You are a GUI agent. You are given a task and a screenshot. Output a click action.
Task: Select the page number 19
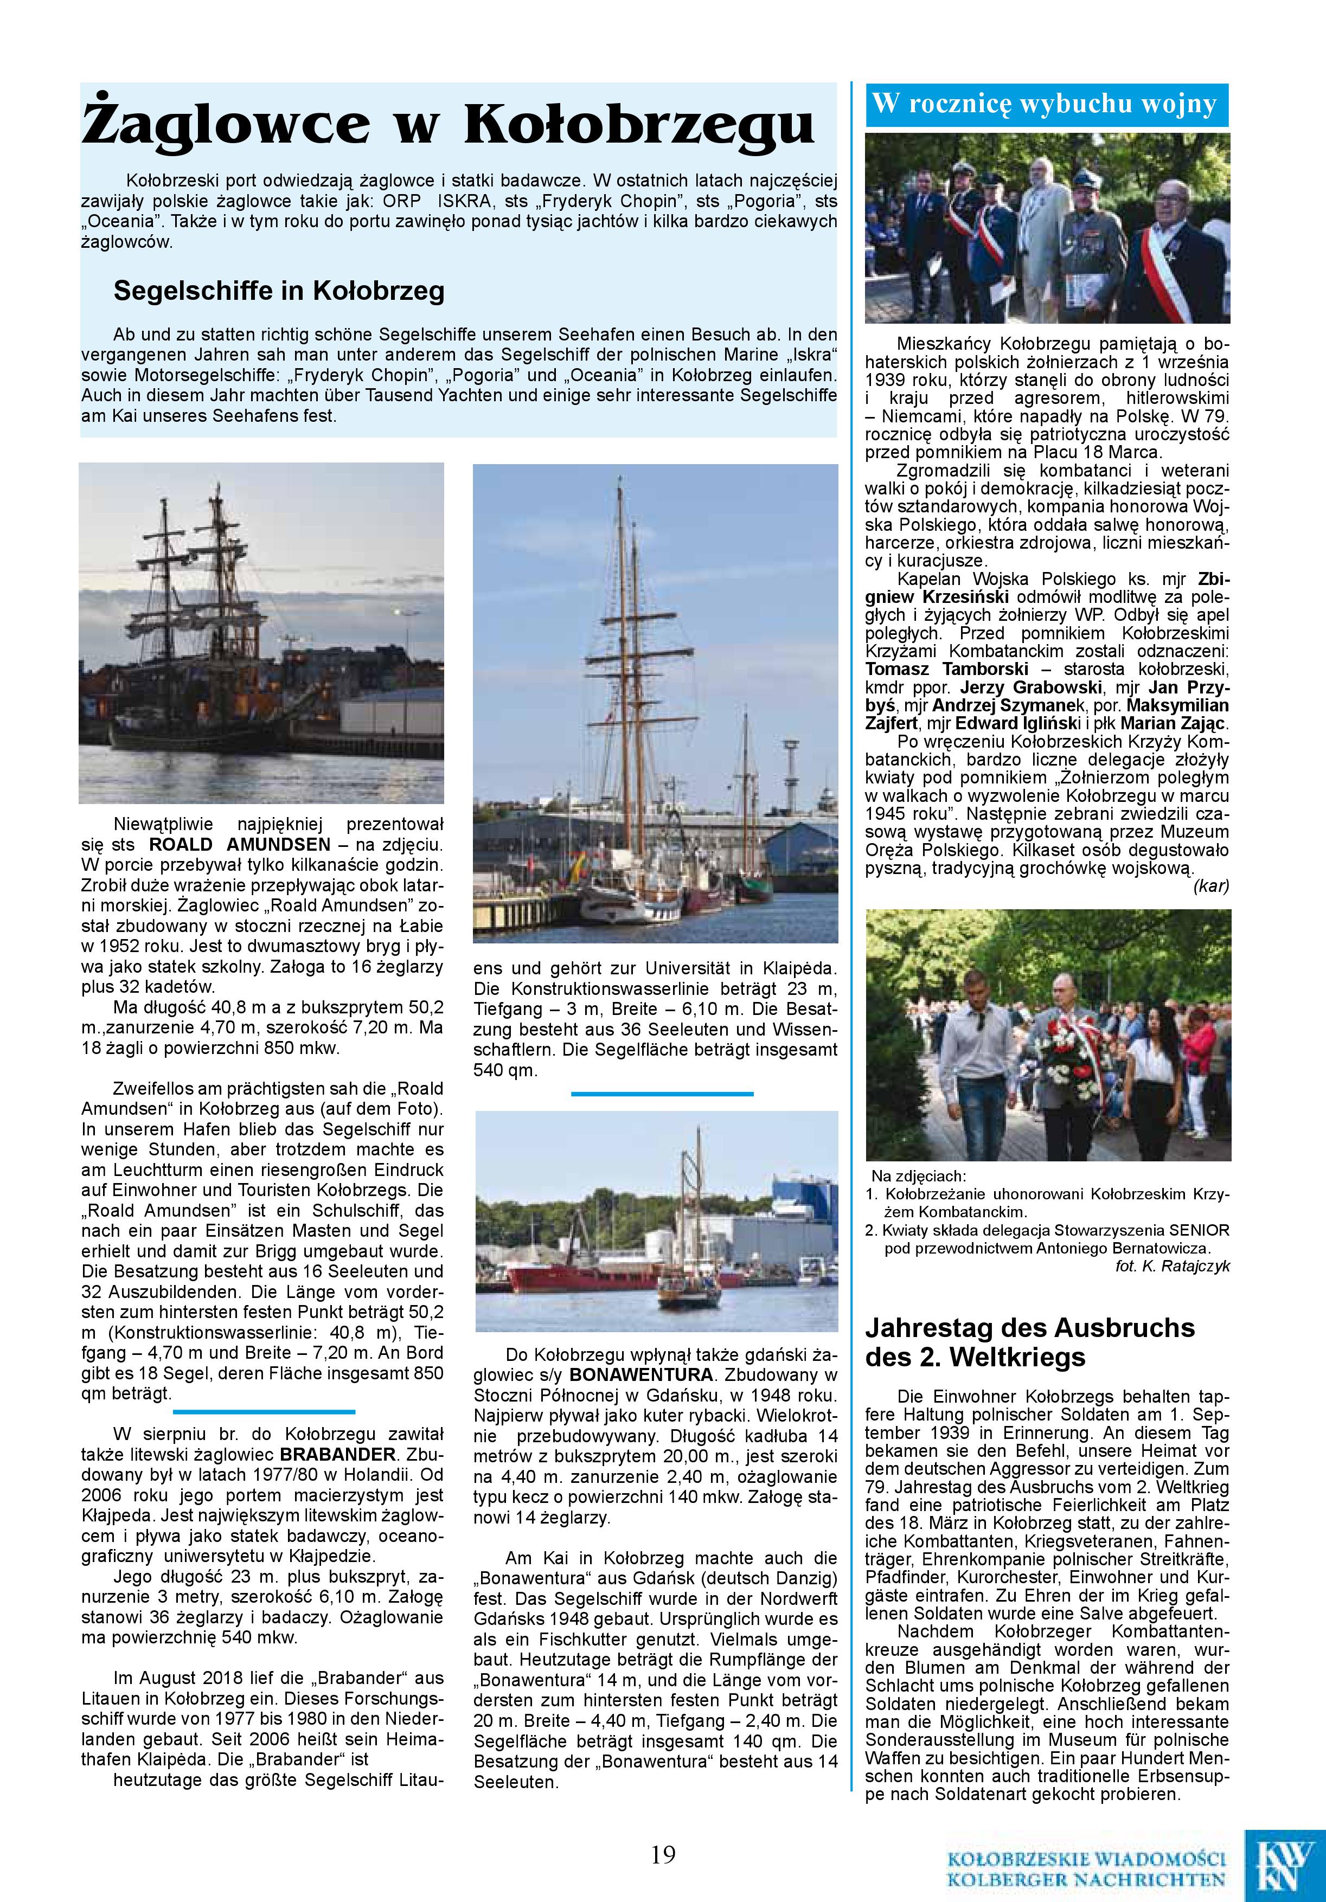coord(663,1853)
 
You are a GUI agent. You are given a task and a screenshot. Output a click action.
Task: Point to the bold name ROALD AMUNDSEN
coord(240,845)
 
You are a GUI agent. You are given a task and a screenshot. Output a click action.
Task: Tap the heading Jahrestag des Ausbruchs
coord(1030,1328)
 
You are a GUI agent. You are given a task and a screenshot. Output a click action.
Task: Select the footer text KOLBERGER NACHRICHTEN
coord(1086,1880)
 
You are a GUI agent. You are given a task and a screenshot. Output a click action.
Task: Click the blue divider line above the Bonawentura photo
coord(662,1094)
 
